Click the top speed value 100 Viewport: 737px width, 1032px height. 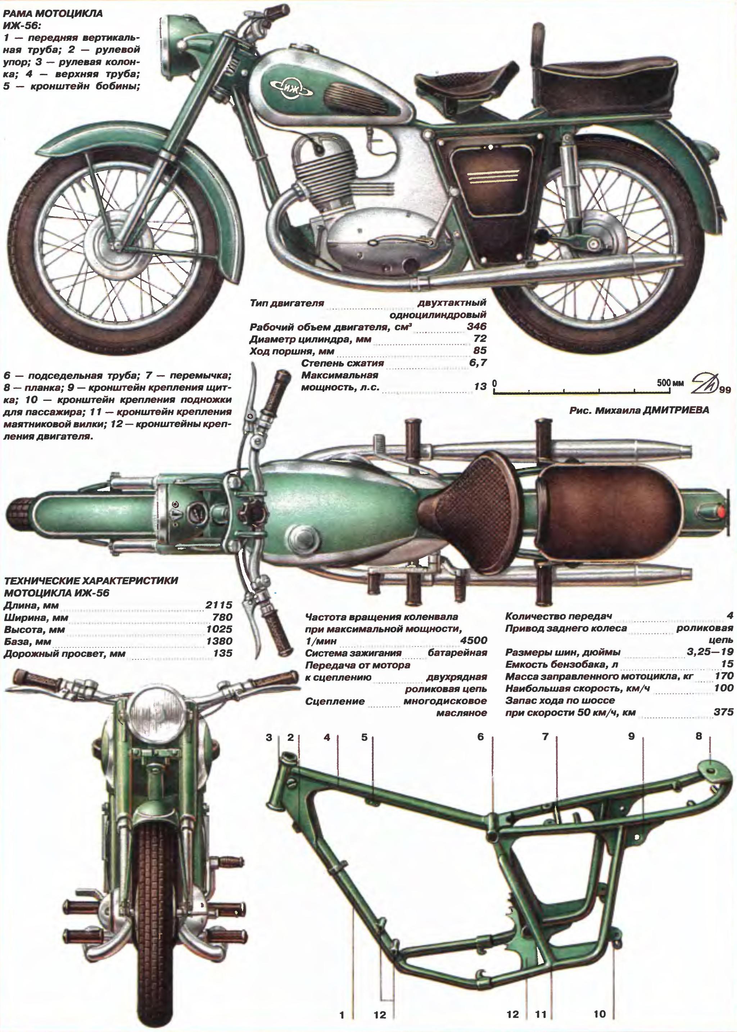pos(723,688)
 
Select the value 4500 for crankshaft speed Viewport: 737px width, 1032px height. pos(474,641)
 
